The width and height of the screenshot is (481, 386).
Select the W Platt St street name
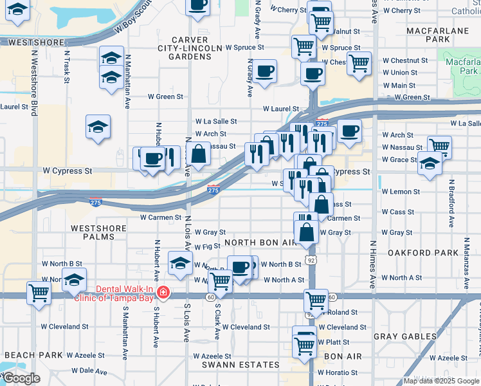coord(334,342)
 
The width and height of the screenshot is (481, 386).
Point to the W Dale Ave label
coord(90,371)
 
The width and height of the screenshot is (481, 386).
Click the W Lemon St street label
coord(401,192)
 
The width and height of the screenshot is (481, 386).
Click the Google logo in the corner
coord(21,378)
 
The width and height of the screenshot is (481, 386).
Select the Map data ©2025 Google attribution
coord(441,381)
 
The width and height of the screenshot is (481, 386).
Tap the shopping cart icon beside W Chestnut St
coord(359,63)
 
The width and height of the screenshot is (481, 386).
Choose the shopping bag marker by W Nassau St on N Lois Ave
coord(199,153)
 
